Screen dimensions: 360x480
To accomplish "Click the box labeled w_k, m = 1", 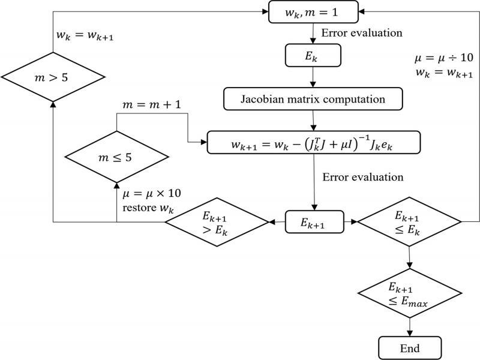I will [313, 11].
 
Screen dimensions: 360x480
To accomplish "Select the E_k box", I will [313, 56].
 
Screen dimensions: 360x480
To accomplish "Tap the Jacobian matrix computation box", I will [313, 99].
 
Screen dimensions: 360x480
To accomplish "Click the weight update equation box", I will [313, 142].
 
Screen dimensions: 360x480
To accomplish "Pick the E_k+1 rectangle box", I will [313, 222].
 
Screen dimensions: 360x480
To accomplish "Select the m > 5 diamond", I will [53, 77].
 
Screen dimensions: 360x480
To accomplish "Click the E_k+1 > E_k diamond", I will [217, 222].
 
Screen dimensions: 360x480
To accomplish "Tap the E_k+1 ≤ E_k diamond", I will [410, 222].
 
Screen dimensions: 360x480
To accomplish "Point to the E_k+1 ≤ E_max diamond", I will [410, 293].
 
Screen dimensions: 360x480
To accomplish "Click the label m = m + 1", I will [151, 106].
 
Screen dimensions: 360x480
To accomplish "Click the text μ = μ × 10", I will [151, 194].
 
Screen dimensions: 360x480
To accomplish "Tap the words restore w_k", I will [148, 209].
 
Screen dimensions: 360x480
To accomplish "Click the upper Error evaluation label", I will [362, 32].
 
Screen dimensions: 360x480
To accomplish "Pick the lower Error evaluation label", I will [362, 177].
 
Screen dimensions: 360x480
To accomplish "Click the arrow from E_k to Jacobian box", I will [313, 77].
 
